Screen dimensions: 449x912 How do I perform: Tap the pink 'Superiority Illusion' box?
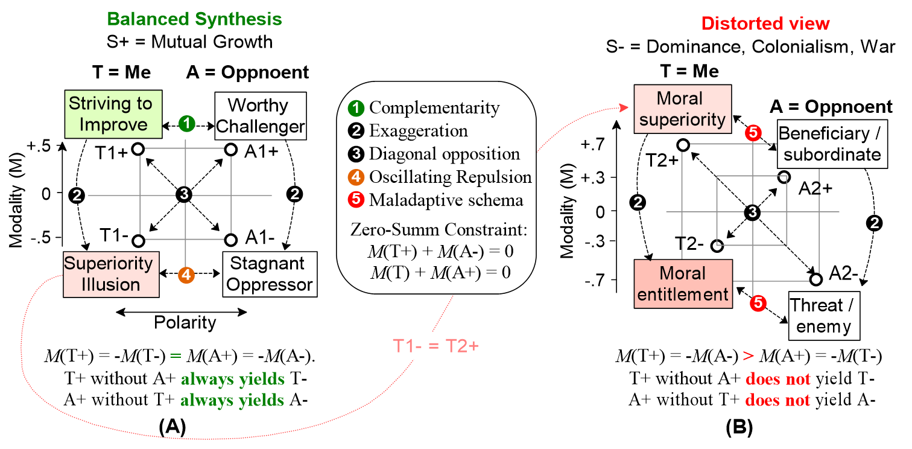pos(111,274)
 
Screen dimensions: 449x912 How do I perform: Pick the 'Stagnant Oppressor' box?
pos(269,274)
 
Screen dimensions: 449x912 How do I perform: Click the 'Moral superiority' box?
pos(682,109)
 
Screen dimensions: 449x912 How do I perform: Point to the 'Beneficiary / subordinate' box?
pos(831,144)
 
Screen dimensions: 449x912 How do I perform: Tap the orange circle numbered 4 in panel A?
pos(186,275)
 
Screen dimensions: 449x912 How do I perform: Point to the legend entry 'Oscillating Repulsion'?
pos(451,177)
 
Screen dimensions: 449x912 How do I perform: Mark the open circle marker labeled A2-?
pos(815,279)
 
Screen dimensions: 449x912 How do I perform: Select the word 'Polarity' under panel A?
pos(184,323)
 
